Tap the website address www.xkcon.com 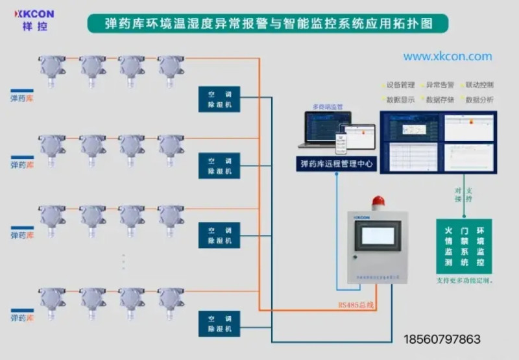point(448,56)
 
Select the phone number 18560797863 point(442,339)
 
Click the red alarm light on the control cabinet point(378,200)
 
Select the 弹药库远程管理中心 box point(337,164)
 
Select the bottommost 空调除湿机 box point(219,323)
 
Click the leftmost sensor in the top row point(52,68)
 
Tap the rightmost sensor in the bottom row point(171,302)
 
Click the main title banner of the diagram point(268,24)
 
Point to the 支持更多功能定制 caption point(464,281)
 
